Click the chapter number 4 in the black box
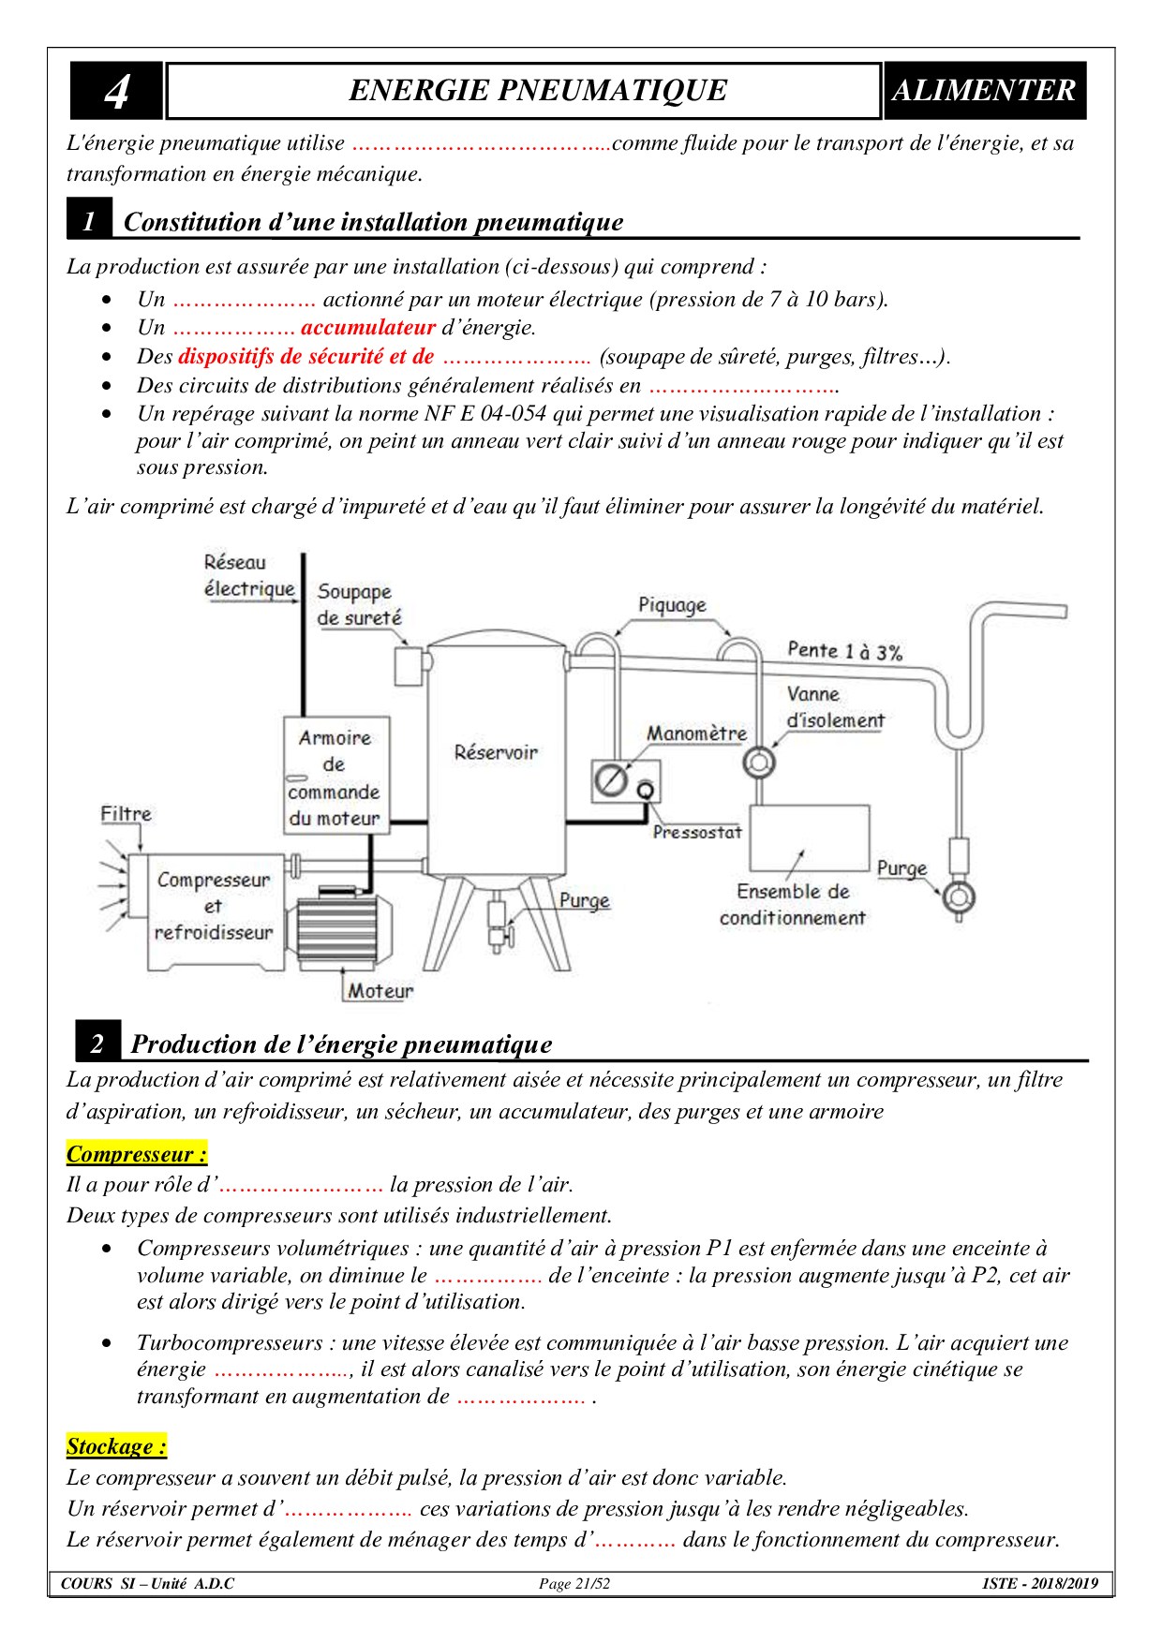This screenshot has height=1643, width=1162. click(x=116, y=91)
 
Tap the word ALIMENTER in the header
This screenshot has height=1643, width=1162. click(x=984, y=90)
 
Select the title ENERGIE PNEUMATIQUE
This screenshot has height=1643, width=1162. click(x=537, y=90)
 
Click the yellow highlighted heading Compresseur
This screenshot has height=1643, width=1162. click(x=137, y=1153)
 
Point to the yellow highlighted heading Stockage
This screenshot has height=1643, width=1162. click(x=116, y=1446)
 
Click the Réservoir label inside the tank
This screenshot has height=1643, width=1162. click(x=496, y=752)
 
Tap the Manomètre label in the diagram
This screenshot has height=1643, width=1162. click(x=696, y=733)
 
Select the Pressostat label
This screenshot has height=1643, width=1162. click(x=697, y=832)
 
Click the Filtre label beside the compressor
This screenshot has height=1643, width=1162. click(x=126, y=814)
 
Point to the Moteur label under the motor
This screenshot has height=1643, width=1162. click(x=380, y=990)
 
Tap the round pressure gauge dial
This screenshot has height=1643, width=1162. click(x=611, y=780)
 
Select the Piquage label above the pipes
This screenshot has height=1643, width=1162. click(x=672, y=605)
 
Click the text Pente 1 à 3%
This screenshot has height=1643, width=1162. click(x=844, y=651)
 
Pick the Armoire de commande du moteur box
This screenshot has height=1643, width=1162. click(x=335, y=777)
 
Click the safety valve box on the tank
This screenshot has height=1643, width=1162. click(x=410, y=665)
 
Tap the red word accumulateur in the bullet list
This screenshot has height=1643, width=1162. click(x=368, y=327)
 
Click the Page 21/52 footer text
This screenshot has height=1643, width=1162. click(x=574, y=1584)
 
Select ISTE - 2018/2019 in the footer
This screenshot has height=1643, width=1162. click(x=1040, y=1584)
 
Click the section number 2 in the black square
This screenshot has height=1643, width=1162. click(x=97, y=1044)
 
